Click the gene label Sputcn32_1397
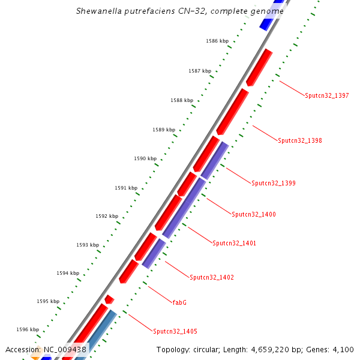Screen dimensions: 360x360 326,95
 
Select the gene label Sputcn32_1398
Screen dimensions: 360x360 300,140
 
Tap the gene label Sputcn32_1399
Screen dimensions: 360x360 274,183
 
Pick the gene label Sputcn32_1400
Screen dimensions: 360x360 254,214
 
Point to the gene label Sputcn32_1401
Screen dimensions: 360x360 235,243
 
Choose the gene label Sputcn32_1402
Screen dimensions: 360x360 212,277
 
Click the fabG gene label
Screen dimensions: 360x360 179,302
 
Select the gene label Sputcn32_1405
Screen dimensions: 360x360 175,331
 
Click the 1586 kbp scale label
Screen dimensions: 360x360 217,41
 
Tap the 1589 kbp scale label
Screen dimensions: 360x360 164,130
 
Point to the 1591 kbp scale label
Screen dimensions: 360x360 126,188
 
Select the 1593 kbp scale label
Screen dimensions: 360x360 88,245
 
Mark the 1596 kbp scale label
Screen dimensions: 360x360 28,329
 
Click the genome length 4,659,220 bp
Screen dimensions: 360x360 271,349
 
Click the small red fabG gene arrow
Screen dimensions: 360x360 109,299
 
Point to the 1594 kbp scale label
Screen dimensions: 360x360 68,273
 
